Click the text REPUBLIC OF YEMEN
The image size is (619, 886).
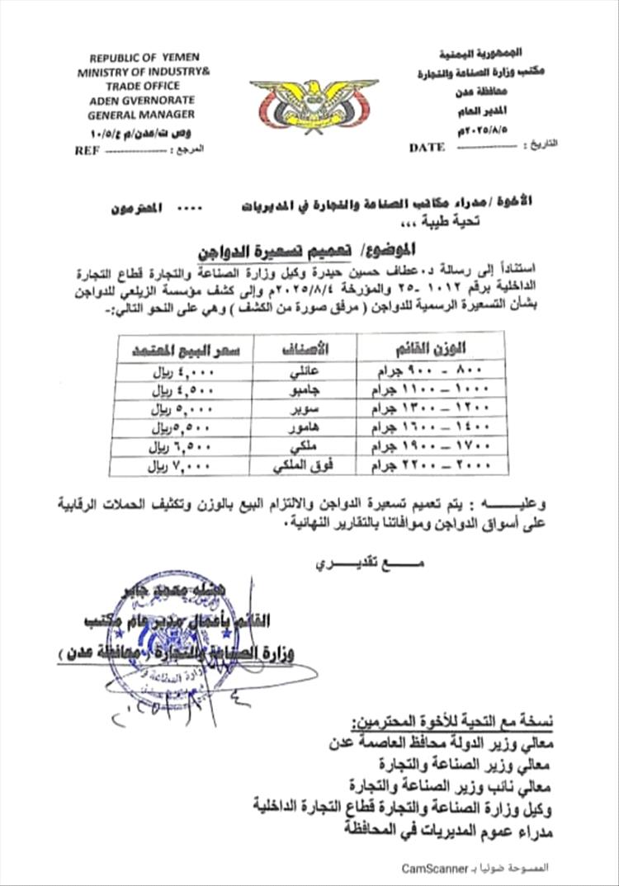tap(139, 59)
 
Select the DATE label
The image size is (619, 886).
tap(427, 148)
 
